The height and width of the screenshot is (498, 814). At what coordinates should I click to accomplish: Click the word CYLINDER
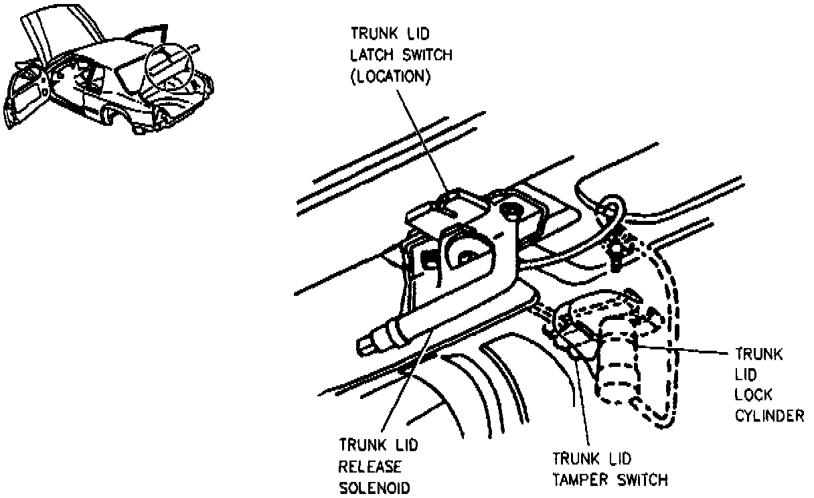click(768, 416)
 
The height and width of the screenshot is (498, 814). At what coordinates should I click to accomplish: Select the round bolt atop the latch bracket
click(511, 211)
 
